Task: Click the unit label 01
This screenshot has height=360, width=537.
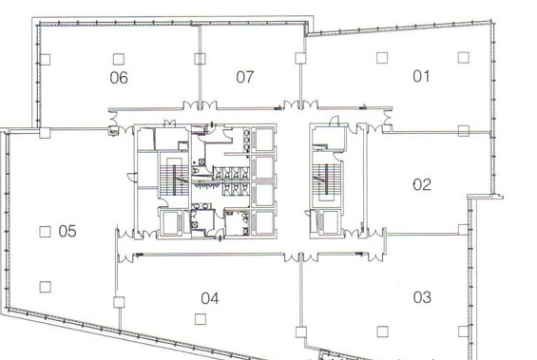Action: [421, 76]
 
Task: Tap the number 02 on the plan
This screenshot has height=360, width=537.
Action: [422, 185]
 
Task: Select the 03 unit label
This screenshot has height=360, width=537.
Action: [422, 297]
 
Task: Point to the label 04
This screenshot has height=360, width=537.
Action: [210, 298]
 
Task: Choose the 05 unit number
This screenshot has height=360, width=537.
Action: [67, 232]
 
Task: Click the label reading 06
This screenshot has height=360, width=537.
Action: [119, 78]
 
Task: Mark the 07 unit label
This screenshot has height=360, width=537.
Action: [245, 77]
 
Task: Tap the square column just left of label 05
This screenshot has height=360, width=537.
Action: [46, 232]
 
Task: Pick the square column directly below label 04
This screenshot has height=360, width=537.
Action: [201, 319]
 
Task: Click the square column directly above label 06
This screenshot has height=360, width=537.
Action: [119, 59]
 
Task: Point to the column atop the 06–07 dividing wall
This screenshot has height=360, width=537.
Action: [200, 59]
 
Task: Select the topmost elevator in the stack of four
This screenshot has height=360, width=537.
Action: [263, 140]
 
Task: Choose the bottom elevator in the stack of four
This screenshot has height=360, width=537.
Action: [263, 222]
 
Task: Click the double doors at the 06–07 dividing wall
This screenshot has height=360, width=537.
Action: [200, 105]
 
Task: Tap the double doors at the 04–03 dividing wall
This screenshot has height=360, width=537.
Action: [300, 257]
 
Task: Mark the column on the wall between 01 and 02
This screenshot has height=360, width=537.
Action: [464, 131]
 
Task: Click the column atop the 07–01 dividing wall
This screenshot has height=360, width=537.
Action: [300, 58]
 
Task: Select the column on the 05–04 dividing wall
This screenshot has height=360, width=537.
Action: [119, 302]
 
